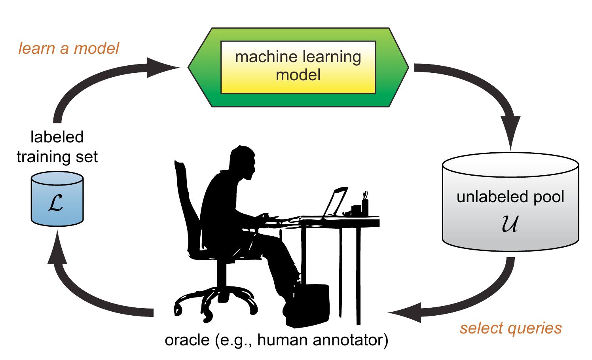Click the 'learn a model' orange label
point(68,48)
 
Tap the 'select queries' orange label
point(510,328)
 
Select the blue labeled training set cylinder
point(57,200)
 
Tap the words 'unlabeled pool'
point(510,197)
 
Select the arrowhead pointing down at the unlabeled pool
point(512,135)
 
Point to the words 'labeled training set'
point(57,147)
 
